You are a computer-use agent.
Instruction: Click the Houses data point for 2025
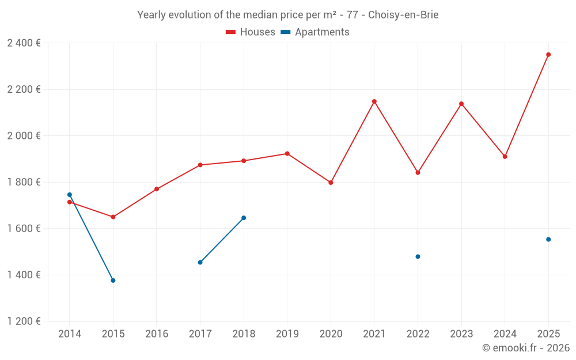tap(548, 55)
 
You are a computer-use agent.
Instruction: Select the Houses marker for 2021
tap(374, 101)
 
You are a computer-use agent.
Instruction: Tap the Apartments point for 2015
tap(113, 281)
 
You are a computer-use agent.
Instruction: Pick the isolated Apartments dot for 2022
tap(418, 256)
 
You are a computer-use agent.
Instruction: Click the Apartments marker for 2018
tap(244, 218)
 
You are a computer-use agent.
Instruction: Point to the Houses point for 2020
tap(331, 183)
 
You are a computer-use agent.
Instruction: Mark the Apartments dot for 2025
tap(548, 240)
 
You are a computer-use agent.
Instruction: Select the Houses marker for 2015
tap(113, 217)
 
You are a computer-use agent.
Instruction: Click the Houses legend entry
tap(251, 32)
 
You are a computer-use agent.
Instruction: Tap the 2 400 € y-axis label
tap(24, 43)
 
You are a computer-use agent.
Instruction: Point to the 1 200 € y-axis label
tap(24, 321)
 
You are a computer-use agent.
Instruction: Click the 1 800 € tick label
tap(24, 182)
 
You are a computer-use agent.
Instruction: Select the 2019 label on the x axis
tap(287, 334)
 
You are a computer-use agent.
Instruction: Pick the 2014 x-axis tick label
tap(70, 334)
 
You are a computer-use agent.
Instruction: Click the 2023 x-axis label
tap(461, 334)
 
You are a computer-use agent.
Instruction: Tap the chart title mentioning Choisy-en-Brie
tap(287, 15)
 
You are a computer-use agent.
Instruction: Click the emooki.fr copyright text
tap(525, 348)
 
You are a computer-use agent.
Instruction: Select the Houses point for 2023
tap(461, 104)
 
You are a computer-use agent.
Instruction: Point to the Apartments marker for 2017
tap(200, 263)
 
